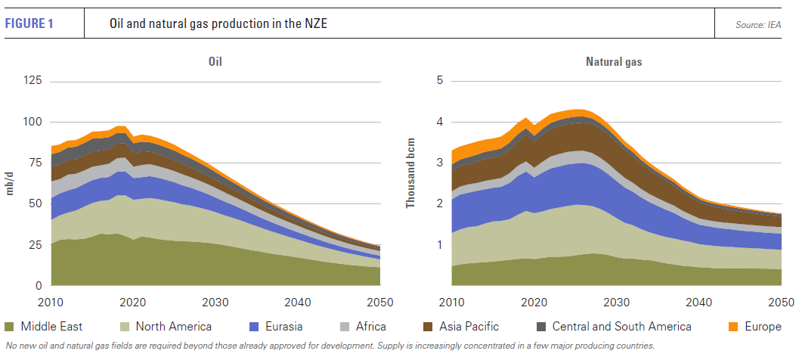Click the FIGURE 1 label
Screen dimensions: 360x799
[x=29, y=23]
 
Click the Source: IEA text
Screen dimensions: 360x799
[x=758, y=25]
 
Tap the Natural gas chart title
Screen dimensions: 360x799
[x=614, y=62]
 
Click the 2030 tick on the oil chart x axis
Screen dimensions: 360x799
[x=215, y=303]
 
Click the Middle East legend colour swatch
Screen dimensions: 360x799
[x=10, y=327]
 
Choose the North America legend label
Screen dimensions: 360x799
[x=173, y=327]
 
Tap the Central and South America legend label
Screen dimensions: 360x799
[x=621, y=327]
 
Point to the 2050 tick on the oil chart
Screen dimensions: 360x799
[x=379, y=303]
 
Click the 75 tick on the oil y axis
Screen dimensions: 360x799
[x=35, y=163]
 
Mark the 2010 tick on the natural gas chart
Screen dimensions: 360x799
[x=451, y=303]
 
